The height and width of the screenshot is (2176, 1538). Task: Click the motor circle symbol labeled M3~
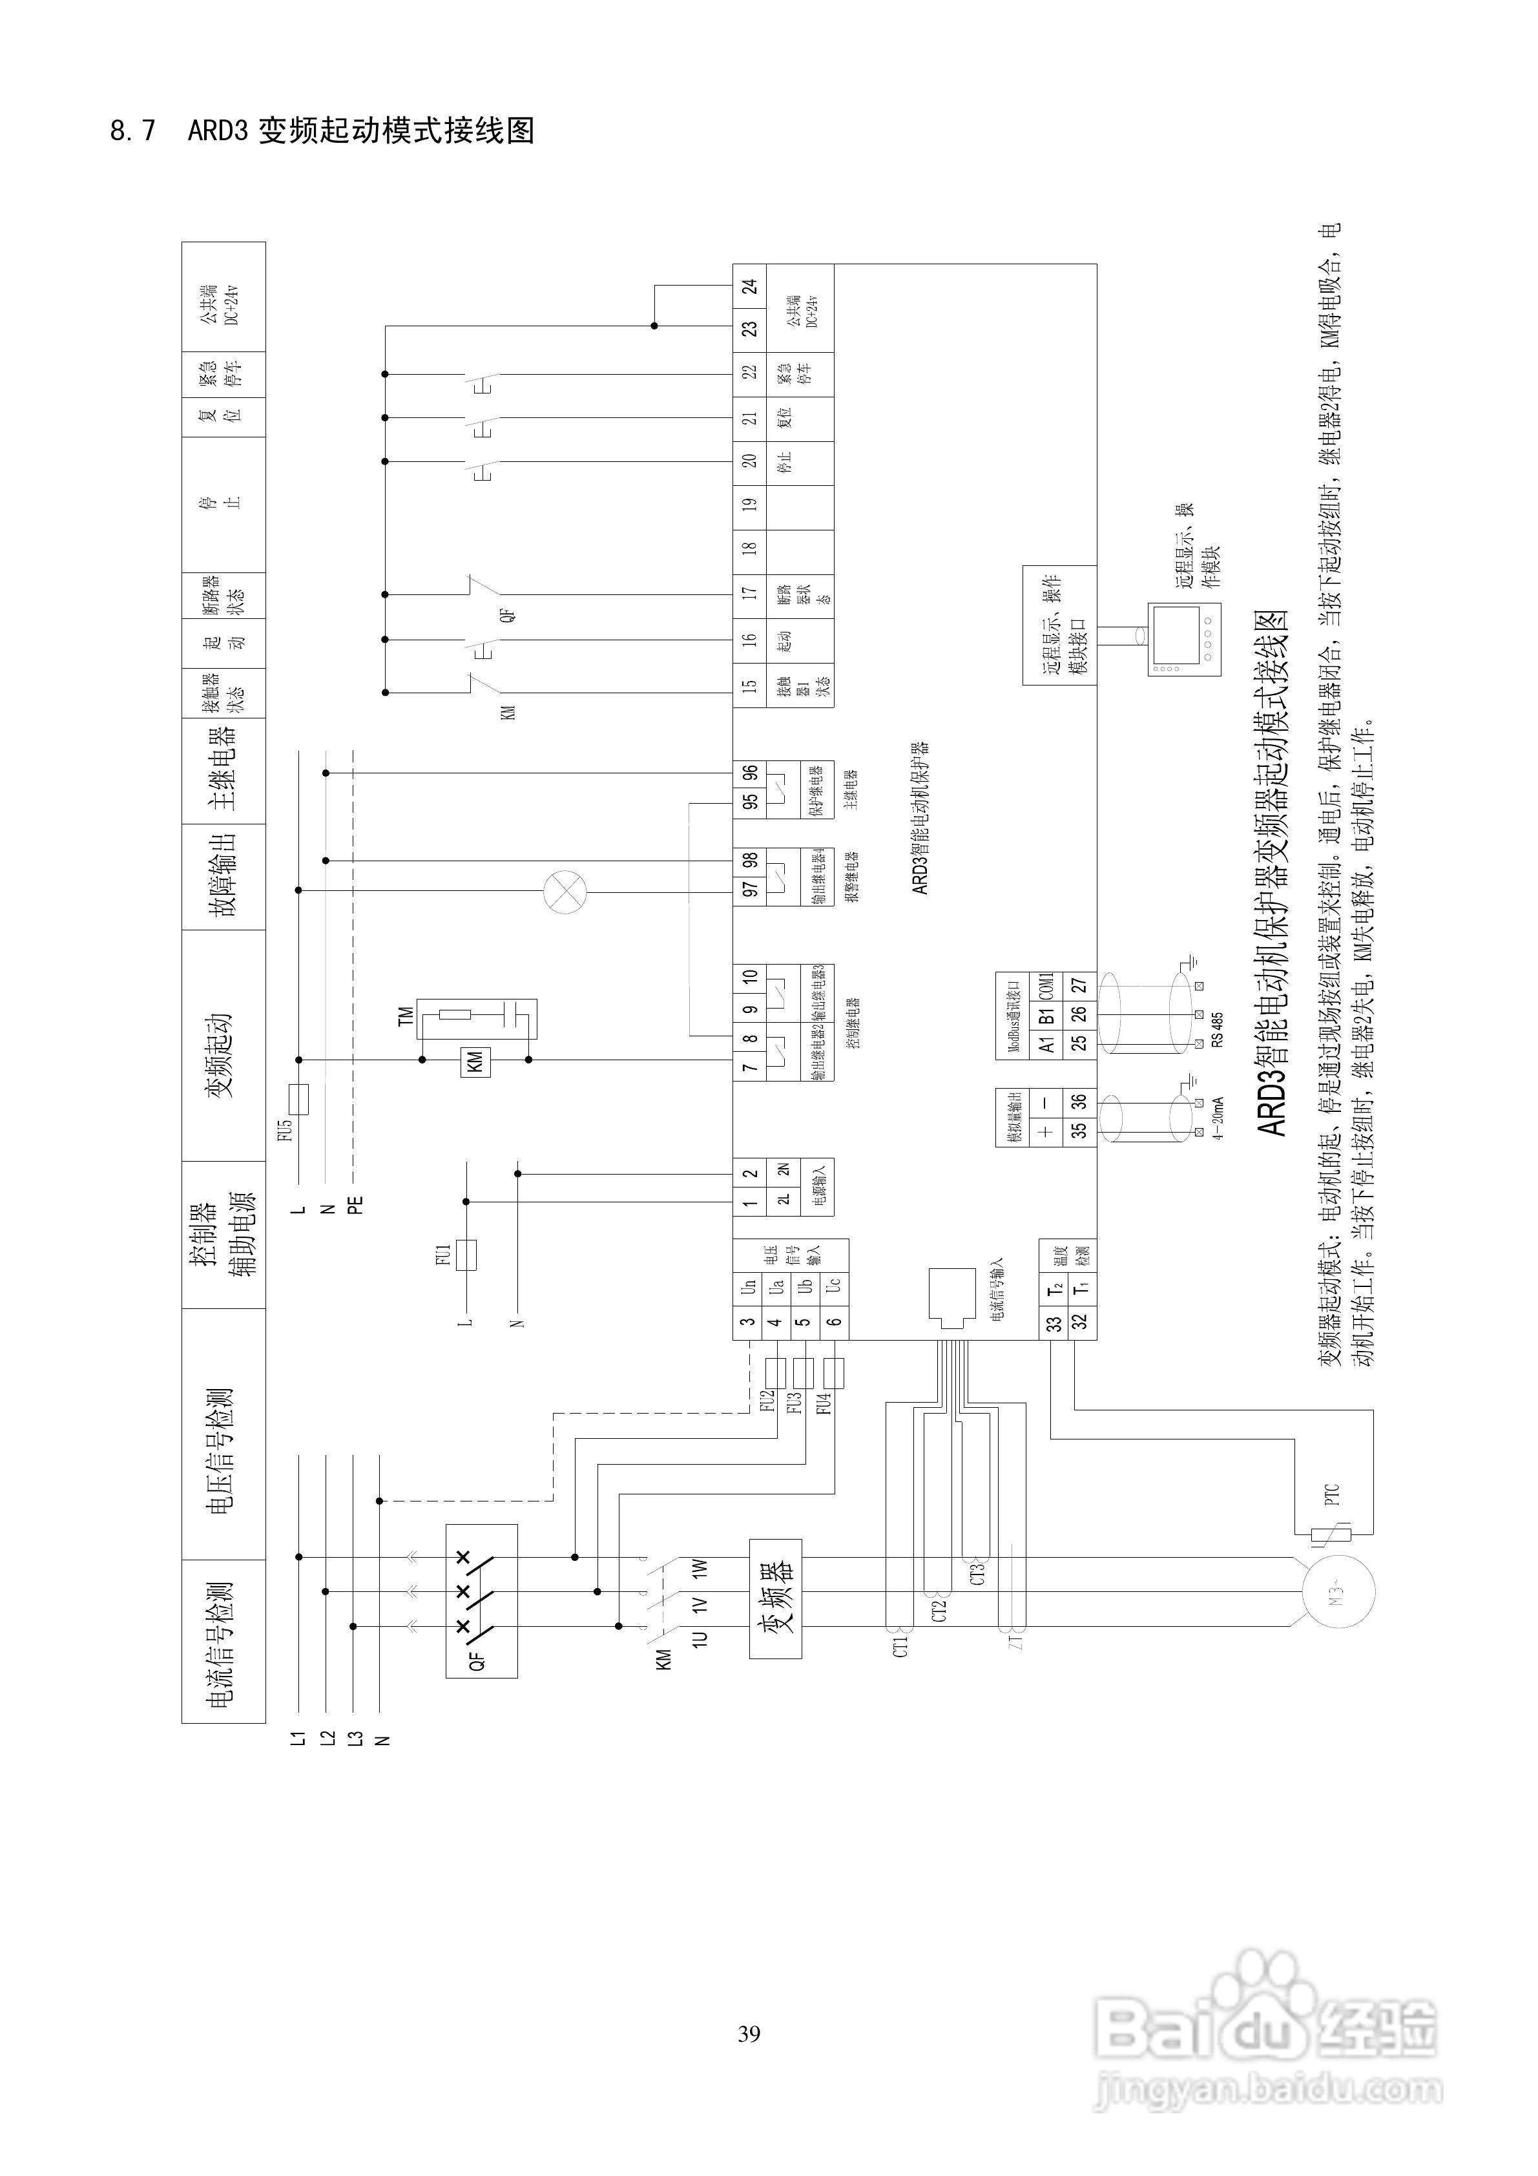[1338, 1593]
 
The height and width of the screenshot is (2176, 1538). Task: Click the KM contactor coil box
[475, 1062]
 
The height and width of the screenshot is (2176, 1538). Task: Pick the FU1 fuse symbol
[465, 1255]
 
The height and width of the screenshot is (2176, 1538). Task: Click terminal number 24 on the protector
[749, 286]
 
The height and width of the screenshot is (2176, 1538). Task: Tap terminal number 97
[749, 889]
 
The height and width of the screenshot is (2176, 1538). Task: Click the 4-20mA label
[1217, 1119]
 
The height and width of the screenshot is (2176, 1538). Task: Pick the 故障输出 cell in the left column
[223, 875]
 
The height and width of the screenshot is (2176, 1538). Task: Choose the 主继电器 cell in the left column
[223, 769]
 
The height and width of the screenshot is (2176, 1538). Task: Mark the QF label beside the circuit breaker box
[477, 1660]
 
